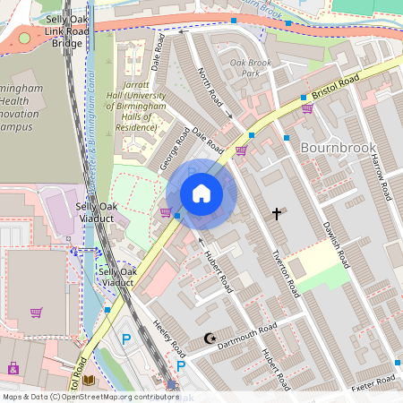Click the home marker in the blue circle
[201, 193]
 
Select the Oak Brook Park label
[250, 69]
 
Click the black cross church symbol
[278, 214]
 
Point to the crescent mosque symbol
[210, 339]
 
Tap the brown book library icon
[88, 381]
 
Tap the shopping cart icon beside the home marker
[165, 212]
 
